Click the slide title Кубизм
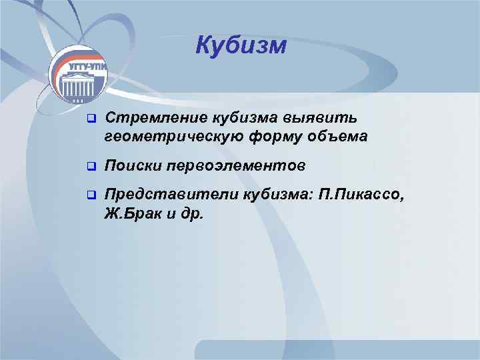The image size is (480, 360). pyautogui.click(x=241, y=46)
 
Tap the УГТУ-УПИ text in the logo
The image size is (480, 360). pyautogui.click(x=84, y=68)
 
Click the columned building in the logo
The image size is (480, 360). pyautogui.click(x=81, y=86)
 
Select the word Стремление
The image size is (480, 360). pyautogui.click(x=156, y=118)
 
